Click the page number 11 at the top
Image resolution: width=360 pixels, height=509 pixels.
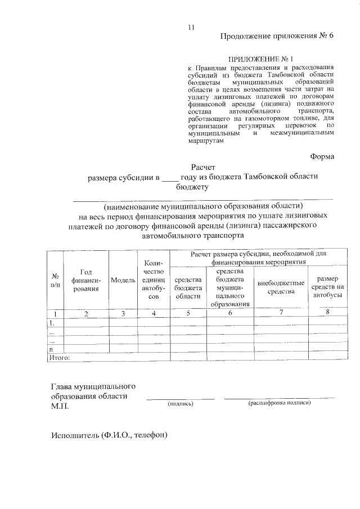click(x=191, y=28)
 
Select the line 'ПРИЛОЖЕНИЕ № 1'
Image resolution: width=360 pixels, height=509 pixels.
click(x=260, y=58)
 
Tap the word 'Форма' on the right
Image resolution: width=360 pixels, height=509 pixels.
click(x=322, y=156)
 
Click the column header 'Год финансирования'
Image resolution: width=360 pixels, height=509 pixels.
click(x=85, y=280)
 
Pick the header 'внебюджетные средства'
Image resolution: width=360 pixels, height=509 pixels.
click(x=281, y=287)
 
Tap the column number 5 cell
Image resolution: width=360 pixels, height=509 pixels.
click(x=188, y=313)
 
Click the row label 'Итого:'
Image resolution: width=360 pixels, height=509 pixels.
click(x=59, y=357)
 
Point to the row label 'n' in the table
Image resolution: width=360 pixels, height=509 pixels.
click(x=51, y=349)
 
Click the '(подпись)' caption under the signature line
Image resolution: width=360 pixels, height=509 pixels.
click(x=181, y=403)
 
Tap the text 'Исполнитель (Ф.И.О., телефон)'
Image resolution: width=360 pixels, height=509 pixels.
click(x=109, y=435)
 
